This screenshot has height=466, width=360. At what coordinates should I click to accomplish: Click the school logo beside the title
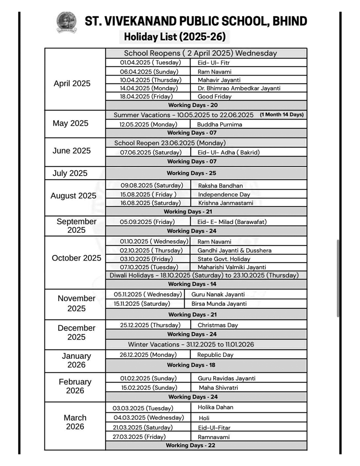click(x=66, y=22)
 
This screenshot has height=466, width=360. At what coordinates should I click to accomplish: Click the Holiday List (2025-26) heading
click(x=175, y=37)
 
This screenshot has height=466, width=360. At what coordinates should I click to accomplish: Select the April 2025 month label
click(x=72, y=84)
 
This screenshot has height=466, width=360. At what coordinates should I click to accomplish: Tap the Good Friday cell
click(x=214, y=96)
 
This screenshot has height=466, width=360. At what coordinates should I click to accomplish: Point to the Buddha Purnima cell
click(x=219, y=124)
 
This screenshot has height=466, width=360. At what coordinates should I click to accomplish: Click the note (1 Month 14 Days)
click(x=282, y=115)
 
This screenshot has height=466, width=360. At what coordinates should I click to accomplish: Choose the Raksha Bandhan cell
click(x=220, y=186)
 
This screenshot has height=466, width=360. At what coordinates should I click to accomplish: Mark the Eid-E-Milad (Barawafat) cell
click(x=232, y=222)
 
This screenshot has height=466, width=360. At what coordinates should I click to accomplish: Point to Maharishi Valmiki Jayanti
click(x=232, y=267)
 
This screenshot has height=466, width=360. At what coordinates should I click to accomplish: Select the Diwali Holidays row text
click(x=204, y=275)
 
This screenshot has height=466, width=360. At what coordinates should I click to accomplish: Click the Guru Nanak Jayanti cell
click(x=218, y=294)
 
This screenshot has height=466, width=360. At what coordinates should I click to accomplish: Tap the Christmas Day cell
click(x=218, y=325)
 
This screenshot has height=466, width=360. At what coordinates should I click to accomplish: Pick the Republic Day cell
click(x=215, y=355)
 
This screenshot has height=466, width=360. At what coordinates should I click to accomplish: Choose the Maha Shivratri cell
click(x=219, y=388)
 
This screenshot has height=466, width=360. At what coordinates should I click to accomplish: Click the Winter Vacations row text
click(x=191, y=344)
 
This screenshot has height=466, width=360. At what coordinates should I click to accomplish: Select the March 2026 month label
click(x=75, y=422)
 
